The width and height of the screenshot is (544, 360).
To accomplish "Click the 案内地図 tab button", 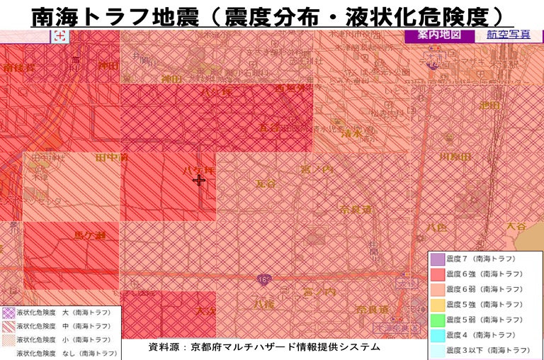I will point(438,34).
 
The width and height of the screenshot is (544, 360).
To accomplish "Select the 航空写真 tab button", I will point(509,35).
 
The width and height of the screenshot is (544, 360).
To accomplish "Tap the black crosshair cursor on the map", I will point(199,180).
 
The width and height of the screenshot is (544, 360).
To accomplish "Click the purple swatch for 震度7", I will point(437,259).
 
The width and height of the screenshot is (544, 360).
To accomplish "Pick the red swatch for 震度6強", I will point(437,274).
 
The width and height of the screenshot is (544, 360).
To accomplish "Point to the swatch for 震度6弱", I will point(437,289).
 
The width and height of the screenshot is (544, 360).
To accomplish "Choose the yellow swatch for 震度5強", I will point(437,305).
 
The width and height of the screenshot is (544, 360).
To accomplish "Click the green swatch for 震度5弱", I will point(437,320).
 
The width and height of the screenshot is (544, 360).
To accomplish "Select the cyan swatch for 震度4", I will point(437,334).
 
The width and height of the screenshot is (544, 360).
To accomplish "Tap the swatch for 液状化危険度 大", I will point(8,312).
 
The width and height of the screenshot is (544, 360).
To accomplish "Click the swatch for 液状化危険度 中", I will point(8,326).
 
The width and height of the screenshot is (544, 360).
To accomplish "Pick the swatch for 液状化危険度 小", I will point(8,339).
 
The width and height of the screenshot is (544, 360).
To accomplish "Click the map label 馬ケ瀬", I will point(90,235).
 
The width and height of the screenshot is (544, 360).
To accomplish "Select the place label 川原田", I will point(455,157).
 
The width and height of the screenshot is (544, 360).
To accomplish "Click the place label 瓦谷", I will point(266,184).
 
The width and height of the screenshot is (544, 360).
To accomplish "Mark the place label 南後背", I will point(19,68).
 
